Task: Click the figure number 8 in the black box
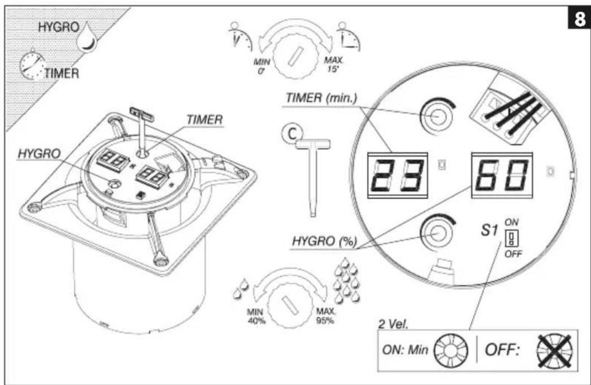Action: pyautogui.click(x=578, y=18)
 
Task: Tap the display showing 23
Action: pyautogui.click(x=397, y=175)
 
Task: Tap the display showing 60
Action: pyautogui.click(x=502, y=175)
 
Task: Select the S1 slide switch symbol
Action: pyautogui.click(x=511, y=238)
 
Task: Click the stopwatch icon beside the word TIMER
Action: pyautogui.click(x=31, y=65)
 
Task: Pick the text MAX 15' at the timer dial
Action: pyautogui.click(x=333, y=64)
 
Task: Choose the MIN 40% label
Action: pyautogui.click(x=256, y=316)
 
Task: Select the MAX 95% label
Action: pyautogui.click(x=325, y=316)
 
